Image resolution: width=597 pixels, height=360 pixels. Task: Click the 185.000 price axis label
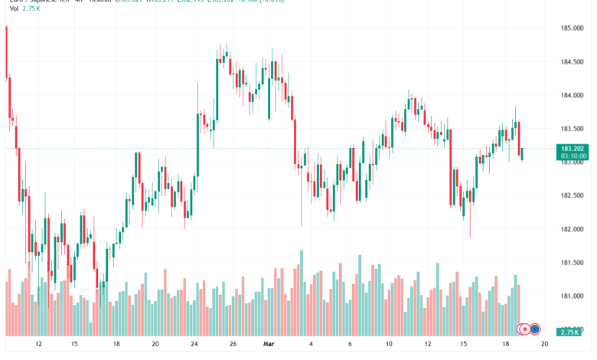[x=573, y=28]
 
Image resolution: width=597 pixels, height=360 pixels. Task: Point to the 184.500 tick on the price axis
[x=573, y=62]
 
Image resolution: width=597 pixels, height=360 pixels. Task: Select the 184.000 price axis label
[x=573, y=96]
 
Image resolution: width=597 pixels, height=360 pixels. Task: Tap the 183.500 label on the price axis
[x=573, y=129]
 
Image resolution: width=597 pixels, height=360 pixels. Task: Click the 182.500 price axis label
[x=573, y=195]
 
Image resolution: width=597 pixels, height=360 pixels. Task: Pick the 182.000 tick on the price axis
[x=573, y=229]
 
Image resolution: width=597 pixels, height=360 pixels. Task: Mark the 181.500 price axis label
[x=573, y=263]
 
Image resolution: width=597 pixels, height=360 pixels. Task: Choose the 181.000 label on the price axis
[x=573, y=296]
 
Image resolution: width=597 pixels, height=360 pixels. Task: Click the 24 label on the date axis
[x=194, y=345]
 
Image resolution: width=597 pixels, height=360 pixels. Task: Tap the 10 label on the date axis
[x=389, y=345]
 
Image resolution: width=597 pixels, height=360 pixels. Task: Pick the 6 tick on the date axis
[x=350, y=345]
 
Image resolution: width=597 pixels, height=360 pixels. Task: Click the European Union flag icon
[x=536, y=329]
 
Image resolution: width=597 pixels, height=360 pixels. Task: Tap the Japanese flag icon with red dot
[x=525, y=329]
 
